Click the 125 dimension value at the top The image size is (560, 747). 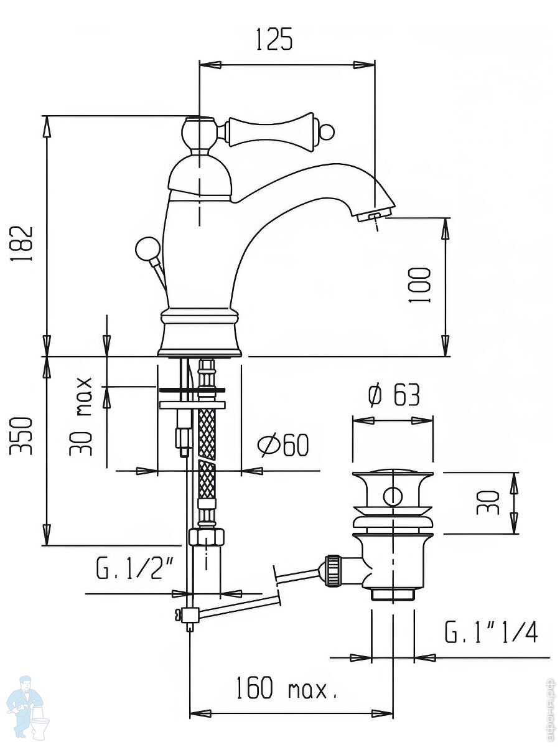(274, 39)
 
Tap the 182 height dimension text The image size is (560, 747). (22, 243)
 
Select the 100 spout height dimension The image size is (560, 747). (419, 285)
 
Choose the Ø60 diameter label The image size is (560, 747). (283, 445)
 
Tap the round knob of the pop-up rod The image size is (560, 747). (145, 249)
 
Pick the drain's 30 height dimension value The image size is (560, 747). (492, 502)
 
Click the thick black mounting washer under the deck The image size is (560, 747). (192, 390)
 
